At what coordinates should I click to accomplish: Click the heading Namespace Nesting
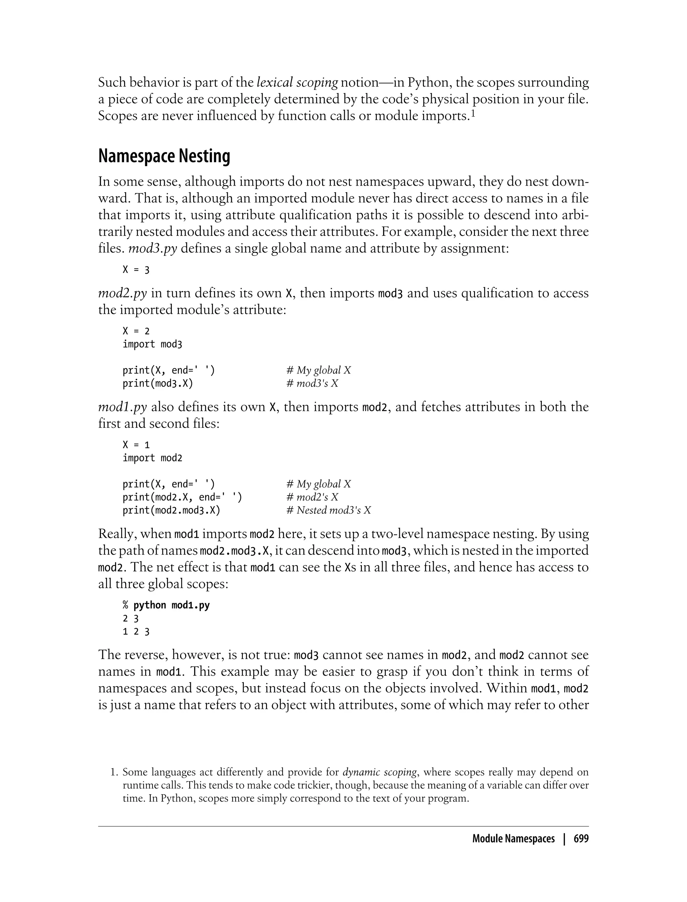pyautogui.click(x=164, y=156)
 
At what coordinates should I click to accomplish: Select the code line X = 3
pyautogui.click(x=136, y=270)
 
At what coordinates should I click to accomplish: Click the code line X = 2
pyautogui.click(x=136, y=331)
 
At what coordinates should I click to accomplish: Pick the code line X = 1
pyautogui.click(x=136, y=445)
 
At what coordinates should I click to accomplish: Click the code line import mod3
pyautogui.click(x=152, y=344)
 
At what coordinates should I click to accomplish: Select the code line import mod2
pyautogui.click(x=152, y=458)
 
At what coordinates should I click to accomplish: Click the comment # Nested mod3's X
pyautogui.click(x=329, y=510)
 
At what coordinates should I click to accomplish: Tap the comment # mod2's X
pyautogui.click(x=312, y=497)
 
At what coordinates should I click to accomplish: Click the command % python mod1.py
pyautogui.click(x=166, y=605)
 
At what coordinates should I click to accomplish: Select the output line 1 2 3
pyautogui.click(x=136, y=632)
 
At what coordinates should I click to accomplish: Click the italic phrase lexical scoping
pyautogui.click(x=297, y=83)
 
